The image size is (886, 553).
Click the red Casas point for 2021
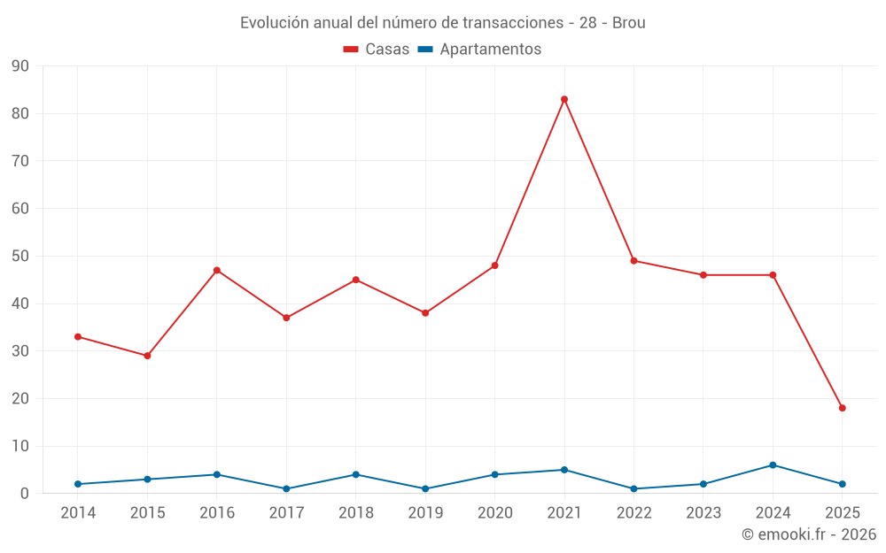564,99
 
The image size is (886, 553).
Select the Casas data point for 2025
843,408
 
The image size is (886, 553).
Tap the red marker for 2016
217,270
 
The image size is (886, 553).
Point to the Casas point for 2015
147,356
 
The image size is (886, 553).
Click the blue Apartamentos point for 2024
773,465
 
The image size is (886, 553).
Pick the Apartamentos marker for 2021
564,470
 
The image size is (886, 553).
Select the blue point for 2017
286,488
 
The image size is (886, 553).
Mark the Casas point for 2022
633,261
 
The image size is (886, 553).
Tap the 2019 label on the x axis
425,513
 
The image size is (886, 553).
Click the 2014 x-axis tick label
78,513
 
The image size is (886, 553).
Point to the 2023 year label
703,513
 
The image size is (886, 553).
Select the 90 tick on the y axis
20,66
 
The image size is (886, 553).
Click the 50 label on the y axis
20,257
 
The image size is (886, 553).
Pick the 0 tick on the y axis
25,494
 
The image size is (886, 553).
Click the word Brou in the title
629,22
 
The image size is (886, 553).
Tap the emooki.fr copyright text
809,534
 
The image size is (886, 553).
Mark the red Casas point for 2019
425,313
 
